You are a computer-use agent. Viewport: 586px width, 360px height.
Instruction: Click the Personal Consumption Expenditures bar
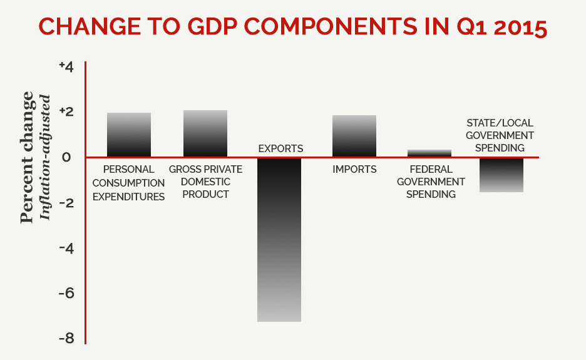coord(129,135)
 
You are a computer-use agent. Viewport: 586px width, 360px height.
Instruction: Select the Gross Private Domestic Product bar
coord(205,133)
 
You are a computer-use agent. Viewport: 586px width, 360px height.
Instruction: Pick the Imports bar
coord(354,136)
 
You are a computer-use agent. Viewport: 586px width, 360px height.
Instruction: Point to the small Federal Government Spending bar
coord(429,153)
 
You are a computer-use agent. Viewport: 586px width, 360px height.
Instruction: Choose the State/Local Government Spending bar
coord(501,175)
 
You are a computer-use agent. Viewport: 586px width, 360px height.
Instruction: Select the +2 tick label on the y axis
coord(66,111)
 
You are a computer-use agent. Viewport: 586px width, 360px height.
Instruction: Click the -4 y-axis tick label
coord(66,249)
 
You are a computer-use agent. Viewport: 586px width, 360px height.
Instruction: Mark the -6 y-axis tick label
coord(66,294)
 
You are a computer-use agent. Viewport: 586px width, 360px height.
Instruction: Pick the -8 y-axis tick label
coord(66,339)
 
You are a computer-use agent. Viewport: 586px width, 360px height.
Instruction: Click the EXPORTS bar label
coord(280,149)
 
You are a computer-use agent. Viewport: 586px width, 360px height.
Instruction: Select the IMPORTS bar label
coord(354,169)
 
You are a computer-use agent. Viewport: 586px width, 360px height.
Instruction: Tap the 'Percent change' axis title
coord(27,157)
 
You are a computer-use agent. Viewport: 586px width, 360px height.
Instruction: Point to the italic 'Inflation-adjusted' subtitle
coord(44,157)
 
